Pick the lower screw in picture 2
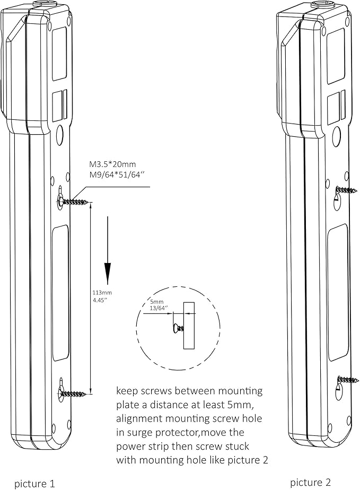347,380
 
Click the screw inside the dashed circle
177,328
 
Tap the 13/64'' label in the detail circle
159,307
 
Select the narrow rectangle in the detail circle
189,326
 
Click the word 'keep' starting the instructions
127,391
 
